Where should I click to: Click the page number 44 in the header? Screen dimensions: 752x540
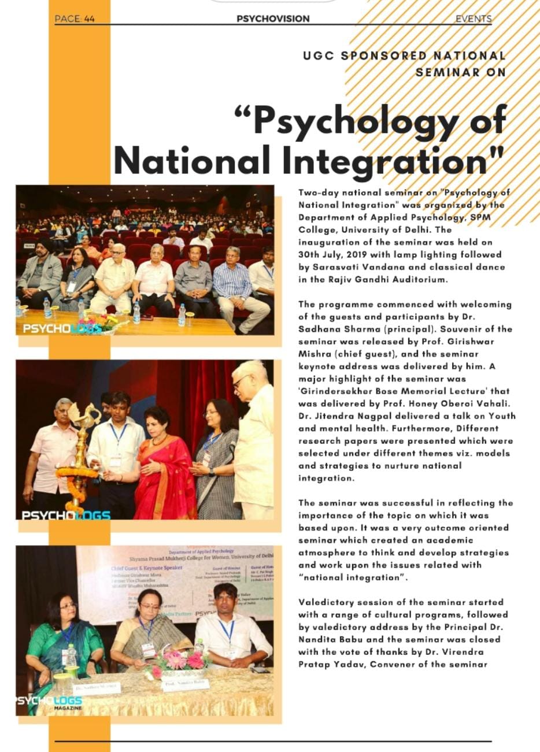point(89,18)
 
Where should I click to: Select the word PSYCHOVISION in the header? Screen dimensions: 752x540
point(273,18)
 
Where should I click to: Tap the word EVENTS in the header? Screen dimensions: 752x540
point(473,18)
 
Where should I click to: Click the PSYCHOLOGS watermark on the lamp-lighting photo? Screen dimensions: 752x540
point(66,514)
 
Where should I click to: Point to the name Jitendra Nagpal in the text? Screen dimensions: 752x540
point(352,416)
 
